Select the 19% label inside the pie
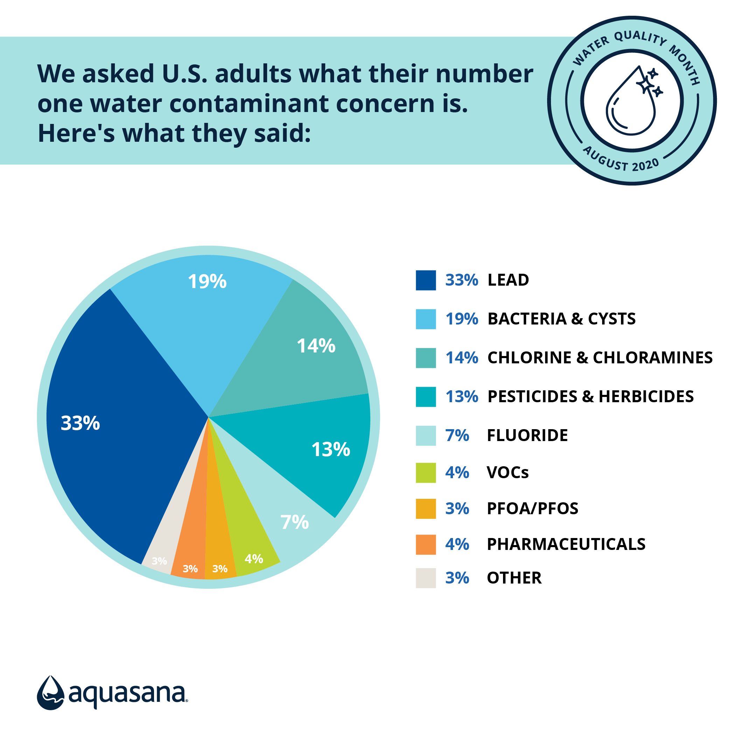click(x=207, y=281)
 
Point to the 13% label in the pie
click(x=330, y=449)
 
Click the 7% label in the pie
click(x=295, y=522)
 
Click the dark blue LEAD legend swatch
click(x=426, y=280)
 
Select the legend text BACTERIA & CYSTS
click(x=561, y=319)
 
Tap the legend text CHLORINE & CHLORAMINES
click(x=600, y=358)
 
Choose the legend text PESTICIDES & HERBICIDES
click(x=591, y=397)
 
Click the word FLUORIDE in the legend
click(x=528, y=435)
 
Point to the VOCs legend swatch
click(x=426, y=473)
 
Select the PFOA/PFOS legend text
click(x=532, y=508)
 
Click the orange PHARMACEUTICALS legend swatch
click(x=426, y=544)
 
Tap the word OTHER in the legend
click(x=514, y=578)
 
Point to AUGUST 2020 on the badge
click(x=621, y=160)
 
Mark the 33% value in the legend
click(x=461, y=280)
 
